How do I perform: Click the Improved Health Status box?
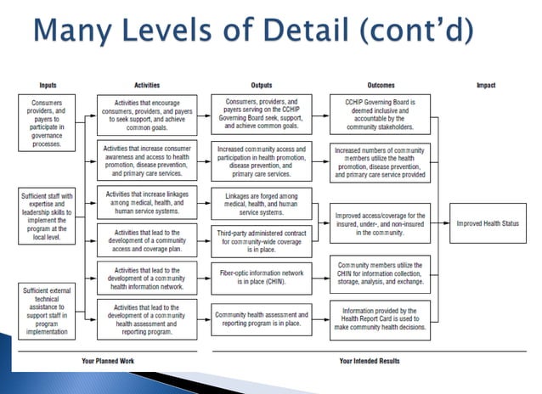click(488, 223)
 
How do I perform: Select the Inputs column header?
click(48, 85)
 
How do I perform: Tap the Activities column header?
click(147, 85)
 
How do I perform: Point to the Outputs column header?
click(262, 85)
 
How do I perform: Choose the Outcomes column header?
click(380, 85)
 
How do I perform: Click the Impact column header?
click(486, 85)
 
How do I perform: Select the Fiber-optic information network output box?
click(262, 275)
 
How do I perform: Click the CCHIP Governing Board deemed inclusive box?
click(380, 115)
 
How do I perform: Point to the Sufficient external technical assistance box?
click(48, 312)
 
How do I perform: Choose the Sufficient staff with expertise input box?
click(48, 214)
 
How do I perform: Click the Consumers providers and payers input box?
click(48, 122)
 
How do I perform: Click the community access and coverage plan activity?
click(147, 238)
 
